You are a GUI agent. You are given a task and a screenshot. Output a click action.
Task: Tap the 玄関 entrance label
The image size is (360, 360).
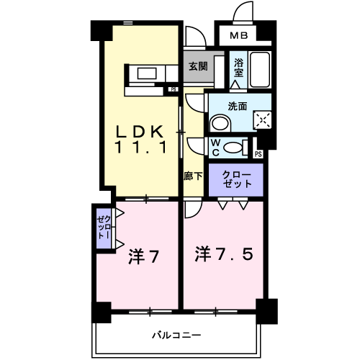198,66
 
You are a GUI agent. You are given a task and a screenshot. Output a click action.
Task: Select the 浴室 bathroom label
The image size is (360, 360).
238,67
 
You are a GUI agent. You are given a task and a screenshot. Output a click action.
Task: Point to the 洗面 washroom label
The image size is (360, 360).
238,106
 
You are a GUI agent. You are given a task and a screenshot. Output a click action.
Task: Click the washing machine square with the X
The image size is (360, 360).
262,118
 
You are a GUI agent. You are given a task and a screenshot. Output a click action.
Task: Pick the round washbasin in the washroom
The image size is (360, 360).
218,124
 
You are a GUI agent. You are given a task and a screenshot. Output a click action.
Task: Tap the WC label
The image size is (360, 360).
215,147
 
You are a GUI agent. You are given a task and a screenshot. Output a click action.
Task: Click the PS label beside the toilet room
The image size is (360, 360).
258,153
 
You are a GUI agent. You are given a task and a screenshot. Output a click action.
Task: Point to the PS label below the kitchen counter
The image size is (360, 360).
173,89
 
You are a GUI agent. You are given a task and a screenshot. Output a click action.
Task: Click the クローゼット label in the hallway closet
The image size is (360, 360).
237,179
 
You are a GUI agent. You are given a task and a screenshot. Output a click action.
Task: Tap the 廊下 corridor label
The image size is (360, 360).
192,175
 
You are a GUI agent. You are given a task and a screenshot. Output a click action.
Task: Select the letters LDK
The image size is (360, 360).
142,132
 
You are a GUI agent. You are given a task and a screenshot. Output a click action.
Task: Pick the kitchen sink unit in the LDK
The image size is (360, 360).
150,73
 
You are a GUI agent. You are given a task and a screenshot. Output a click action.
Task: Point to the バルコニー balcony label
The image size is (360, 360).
176,334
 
